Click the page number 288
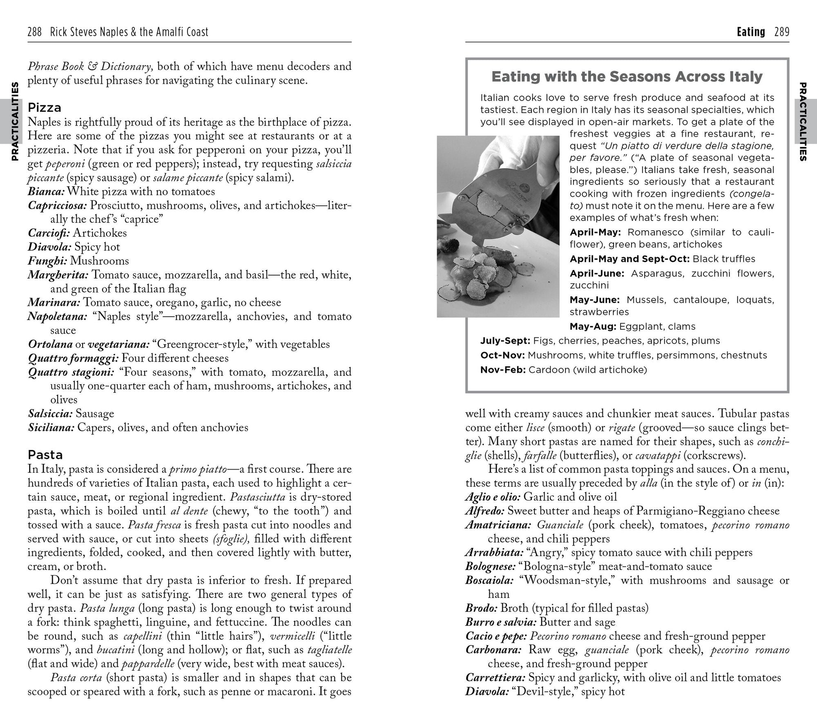coord(35,32)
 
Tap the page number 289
coord(781,32)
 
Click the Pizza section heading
coord(45,108)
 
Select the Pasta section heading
coord(45,455)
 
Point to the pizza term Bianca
coord(46,192)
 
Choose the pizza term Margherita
coord(58,275)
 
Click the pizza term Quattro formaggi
coord(73,358)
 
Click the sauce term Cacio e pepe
coord(496,636)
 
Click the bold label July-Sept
coord(505,341)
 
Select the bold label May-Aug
coord(593,327)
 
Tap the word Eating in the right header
coord(751,32)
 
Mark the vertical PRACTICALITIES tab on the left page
coord(15,121)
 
